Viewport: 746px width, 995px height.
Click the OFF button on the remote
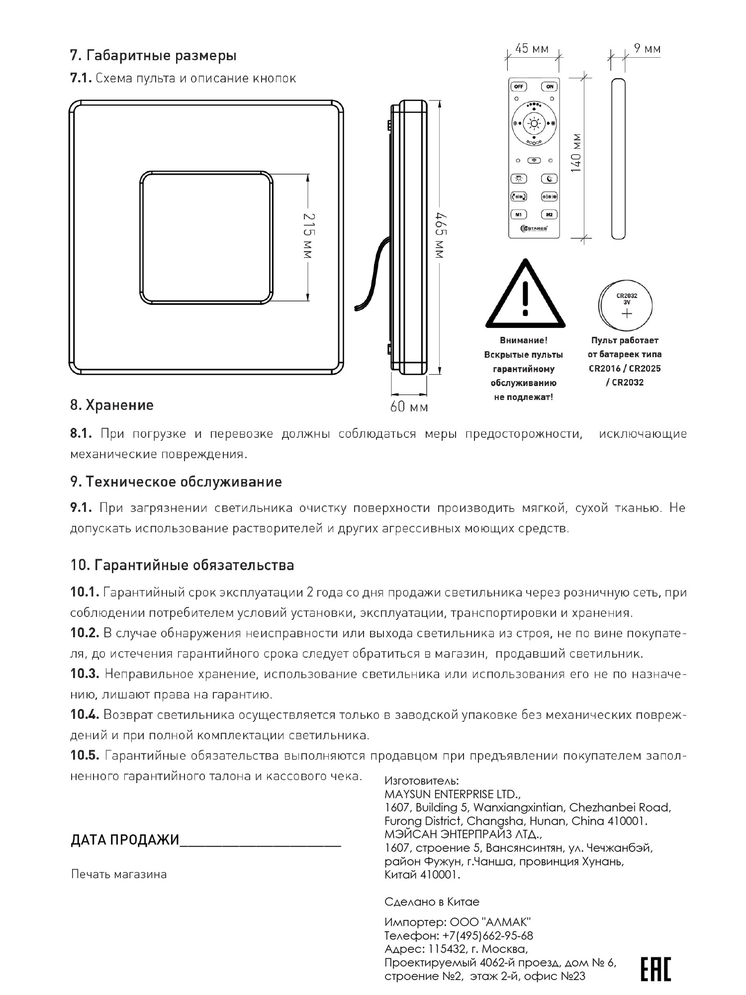(x=518, y=87)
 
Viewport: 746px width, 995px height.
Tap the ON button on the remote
(x=550, y=87)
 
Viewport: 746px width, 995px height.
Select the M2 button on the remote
(x=549, y=214)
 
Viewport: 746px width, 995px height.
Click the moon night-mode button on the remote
(x=549, y=179)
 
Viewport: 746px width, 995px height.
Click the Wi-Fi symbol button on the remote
(x=534, y=160)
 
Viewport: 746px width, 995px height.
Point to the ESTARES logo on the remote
(x=534, y=228)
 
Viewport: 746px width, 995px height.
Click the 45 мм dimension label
(x=532, y=49)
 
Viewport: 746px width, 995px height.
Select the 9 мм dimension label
(x=647, y=49)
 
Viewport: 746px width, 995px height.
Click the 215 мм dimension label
(x=308, y=236)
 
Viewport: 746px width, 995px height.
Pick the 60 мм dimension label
(x=409, y=407)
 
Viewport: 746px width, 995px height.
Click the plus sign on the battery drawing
(x=627, y=313)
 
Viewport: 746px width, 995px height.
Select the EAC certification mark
(x=655, y=969)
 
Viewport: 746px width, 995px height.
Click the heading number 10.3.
(x=85, y=674)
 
